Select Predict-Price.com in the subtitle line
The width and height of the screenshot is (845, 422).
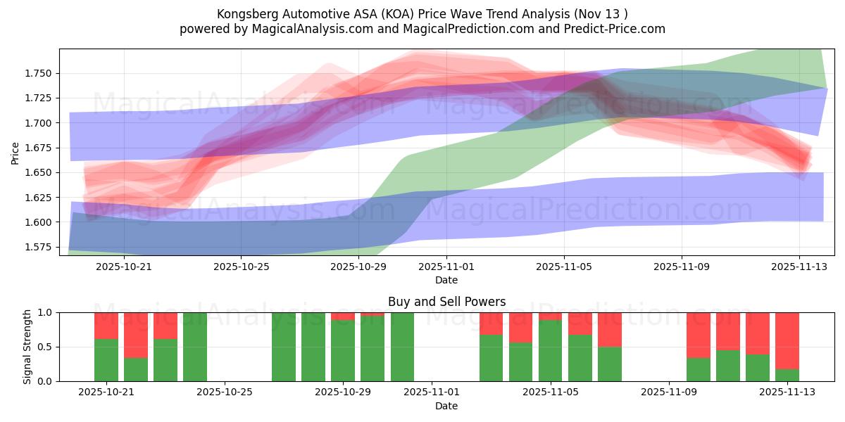tap(614, 29)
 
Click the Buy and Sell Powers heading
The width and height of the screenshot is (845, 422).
tap(446, 302)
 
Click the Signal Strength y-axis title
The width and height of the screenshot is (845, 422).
tap(27, 346)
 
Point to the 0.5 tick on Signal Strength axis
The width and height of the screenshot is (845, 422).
tap(46, 347)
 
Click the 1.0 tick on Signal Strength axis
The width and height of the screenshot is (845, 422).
tap(46, 312)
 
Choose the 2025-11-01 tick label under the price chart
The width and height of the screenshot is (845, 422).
tap(446, 267)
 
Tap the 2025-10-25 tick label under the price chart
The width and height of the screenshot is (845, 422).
tap(242, 267)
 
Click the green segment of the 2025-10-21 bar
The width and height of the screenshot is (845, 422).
tap(106, 360)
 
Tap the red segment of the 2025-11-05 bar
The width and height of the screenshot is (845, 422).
tap(551, 316)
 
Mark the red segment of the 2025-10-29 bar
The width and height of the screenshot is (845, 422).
tap(343, 316)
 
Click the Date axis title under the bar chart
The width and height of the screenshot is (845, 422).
tap(446, 406)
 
